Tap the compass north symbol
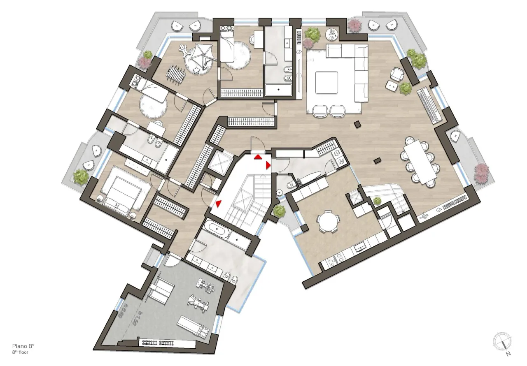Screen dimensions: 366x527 point(502,341)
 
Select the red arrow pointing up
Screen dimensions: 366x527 point(258,157)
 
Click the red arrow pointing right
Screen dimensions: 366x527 point(268,165)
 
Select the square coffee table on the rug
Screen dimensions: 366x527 point(326,82)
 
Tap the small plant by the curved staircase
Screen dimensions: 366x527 point(377,201)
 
